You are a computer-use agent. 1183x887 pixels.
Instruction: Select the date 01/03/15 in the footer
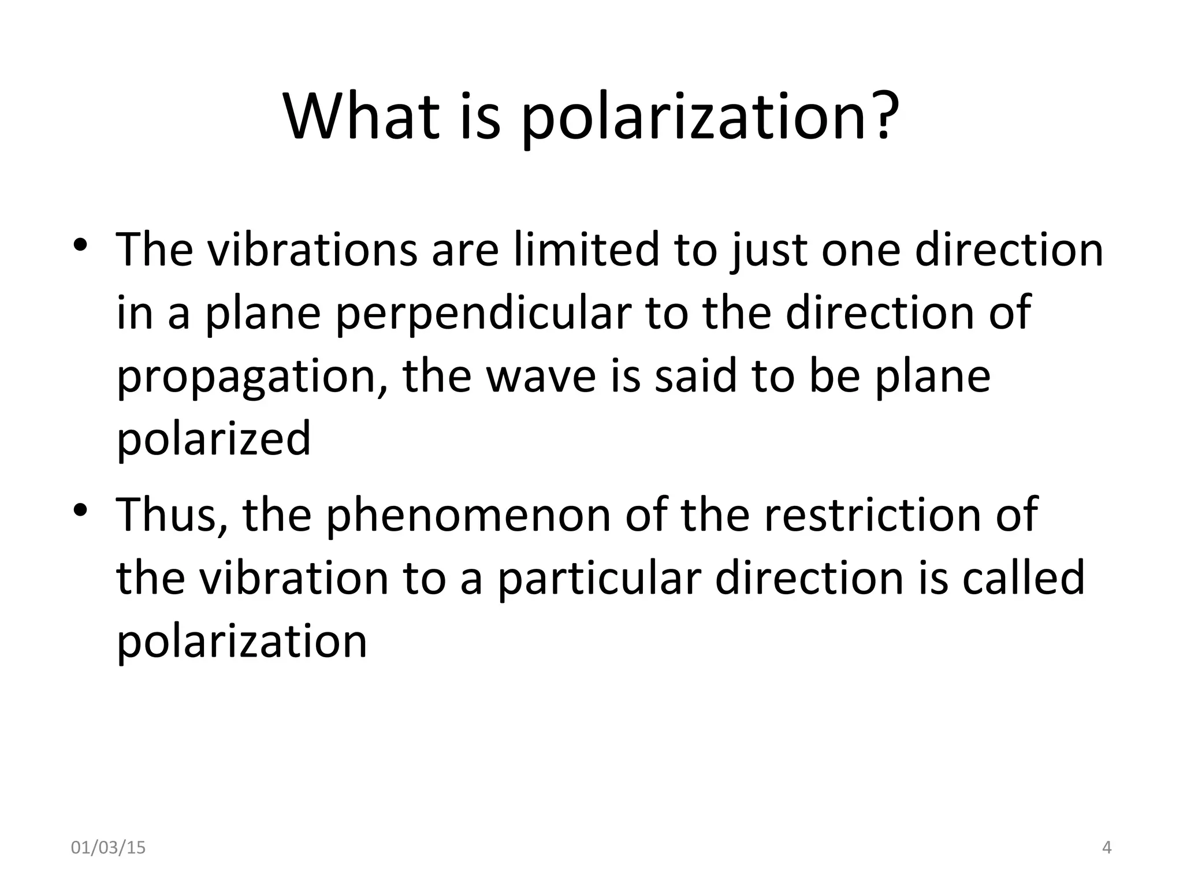[108, 848]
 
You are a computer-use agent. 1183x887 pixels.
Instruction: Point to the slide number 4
[1107, 848]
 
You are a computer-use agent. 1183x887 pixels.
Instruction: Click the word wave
[541, 377]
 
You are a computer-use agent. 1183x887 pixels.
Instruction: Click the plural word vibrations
[312, 251]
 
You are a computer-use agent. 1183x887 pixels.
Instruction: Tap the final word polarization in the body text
[242, 642]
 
